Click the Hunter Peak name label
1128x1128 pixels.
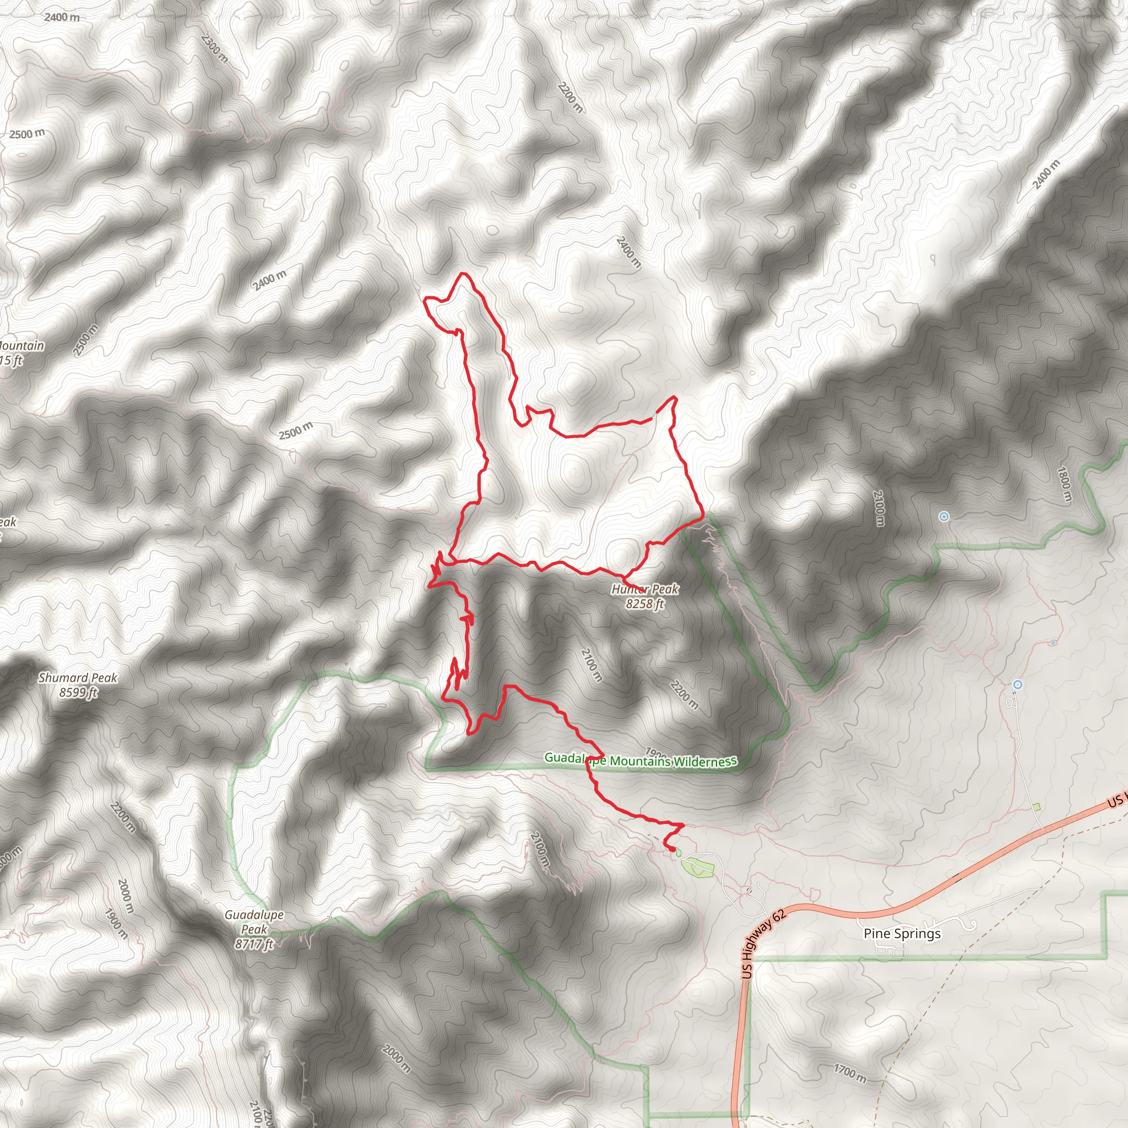tap(644, 590)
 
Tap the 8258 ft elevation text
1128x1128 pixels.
tap(644, 604)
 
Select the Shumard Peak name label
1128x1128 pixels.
tap(78, 678)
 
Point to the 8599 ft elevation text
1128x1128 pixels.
tap(78, 692)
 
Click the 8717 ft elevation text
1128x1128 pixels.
tap(254, 944)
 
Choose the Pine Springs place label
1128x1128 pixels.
tap(902, 933)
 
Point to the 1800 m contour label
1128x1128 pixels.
tap(1064, 484)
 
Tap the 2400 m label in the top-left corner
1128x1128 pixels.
tap(62, 18)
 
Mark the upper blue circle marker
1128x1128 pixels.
tap(943, 517)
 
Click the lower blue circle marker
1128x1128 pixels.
tap(1018, 684)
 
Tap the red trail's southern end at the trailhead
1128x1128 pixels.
tap(671, 849)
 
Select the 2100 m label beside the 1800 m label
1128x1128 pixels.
tap(879, 508)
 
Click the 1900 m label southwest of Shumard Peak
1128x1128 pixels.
tap(116, 923)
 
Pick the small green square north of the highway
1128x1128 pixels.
tap(1037, 807)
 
